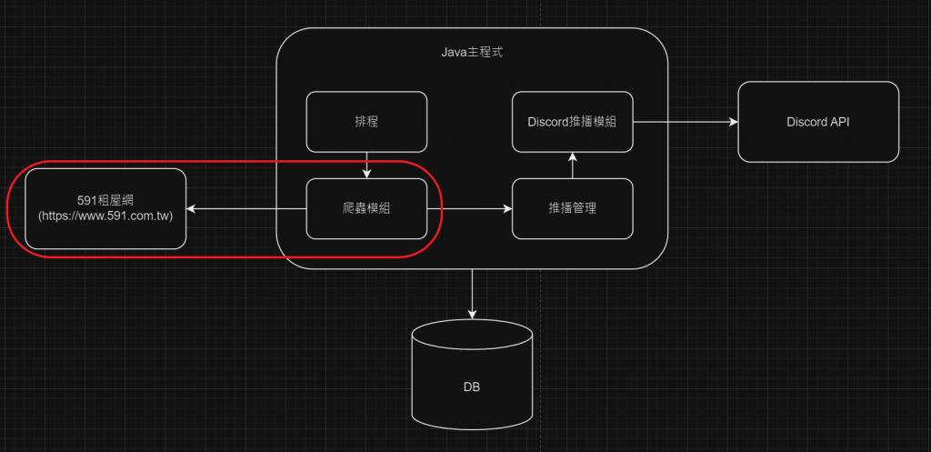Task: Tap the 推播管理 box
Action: pos(573,208)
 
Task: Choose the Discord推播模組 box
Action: pos(573,121)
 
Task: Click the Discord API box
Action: pos(817,122)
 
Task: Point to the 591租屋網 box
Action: pos(105,208)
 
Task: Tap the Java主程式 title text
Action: pos(472,53)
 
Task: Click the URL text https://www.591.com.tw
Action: pos(105,216)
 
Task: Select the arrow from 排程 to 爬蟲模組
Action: pos(365,165)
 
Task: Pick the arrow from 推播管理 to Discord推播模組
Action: pos(573,166)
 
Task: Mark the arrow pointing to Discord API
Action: pos(686,121)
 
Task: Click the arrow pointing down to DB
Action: pos(472,293)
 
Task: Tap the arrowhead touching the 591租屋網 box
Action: pos(191,209)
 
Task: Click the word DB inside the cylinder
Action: pos(472,387)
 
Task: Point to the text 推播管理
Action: pos(573,208)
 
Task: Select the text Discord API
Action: pos(817,122)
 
